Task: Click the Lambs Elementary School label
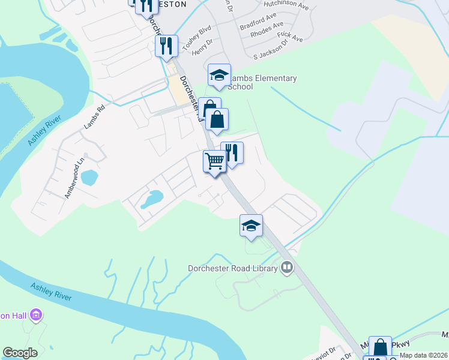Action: (263, 82)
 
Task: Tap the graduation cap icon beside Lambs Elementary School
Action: (219, 76)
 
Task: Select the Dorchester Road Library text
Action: (233, 268)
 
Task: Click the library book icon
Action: (287, 268)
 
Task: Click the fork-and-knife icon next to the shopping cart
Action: (232, 153)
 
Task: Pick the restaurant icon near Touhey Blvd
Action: (166, 45)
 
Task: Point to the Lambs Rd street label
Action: (94, 117)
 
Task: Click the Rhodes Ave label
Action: (267, 30)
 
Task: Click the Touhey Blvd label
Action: (197, 38)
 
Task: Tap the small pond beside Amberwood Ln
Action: (89, 178)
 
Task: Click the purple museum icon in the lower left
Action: (36, 314)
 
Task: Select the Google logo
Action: (20, 353)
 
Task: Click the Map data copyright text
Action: (424, 355)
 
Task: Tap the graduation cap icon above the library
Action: (251, 226)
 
